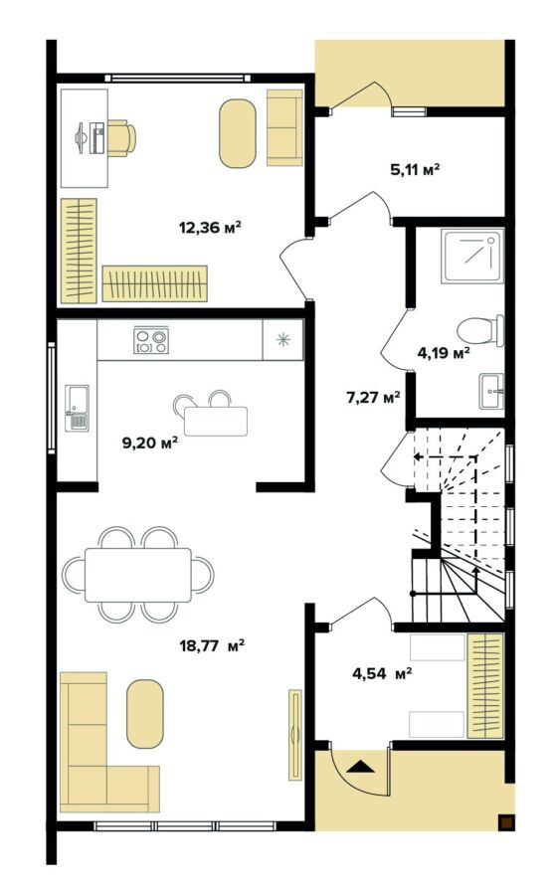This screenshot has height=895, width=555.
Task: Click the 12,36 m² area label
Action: pos(210,227)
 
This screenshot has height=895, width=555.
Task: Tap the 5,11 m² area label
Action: pos(415,169)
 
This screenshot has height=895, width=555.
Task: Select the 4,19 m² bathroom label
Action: pos(444,351)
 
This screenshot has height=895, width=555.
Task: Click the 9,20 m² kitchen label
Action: pos(149,443)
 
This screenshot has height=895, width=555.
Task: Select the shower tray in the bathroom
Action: pos(472,256)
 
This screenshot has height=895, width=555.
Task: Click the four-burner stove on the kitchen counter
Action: pos(151,341)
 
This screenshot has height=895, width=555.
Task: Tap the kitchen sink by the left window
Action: pos(77,409)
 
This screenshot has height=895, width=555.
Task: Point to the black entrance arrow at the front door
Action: pos(360,766)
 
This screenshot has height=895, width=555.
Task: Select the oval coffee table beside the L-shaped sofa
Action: pos(144,713)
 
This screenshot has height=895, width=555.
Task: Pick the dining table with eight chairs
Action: pos(138,575)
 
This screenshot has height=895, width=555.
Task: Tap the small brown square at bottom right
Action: pos(506,821)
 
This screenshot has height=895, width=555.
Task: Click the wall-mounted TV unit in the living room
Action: pos(294,735)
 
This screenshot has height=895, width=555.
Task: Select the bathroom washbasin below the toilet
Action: pos(490,391)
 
